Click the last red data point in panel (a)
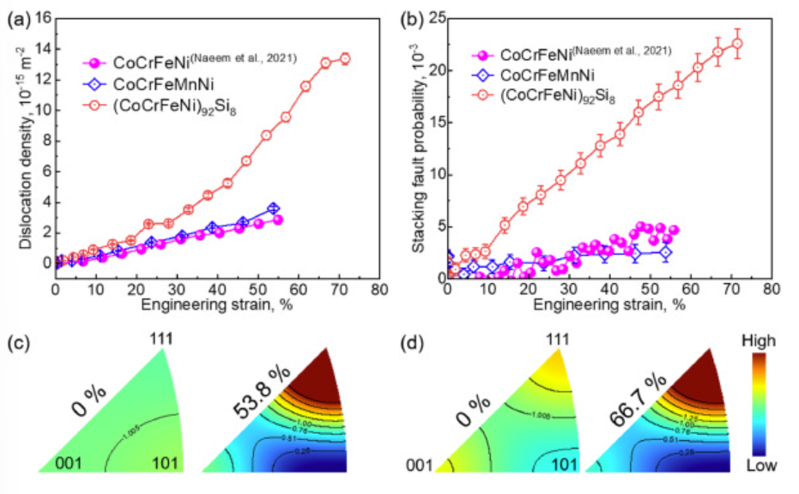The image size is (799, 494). [x=345, y=58]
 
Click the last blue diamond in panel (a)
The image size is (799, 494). [x=273, y=208]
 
